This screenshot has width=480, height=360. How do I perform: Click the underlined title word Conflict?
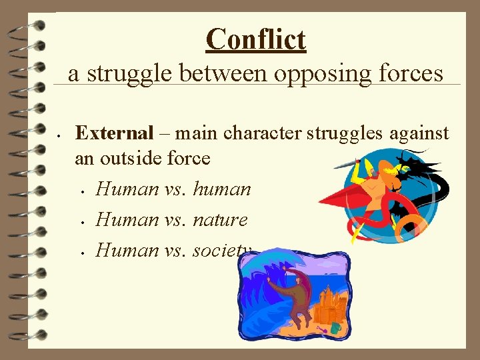[x=256, y=39]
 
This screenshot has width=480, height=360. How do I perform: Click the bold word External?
[x=114, y=133]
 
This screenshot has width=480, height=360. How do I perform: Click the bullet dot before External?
[x=59, y=134]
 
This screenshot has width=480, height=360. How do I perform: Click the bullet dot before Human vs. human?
[x=81, y=191]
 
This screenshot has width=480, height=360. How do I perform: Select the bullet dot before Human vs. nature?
[x=81, y=221]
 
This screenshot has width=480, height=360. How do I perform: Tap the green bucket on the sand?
[x=335, y=328]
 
